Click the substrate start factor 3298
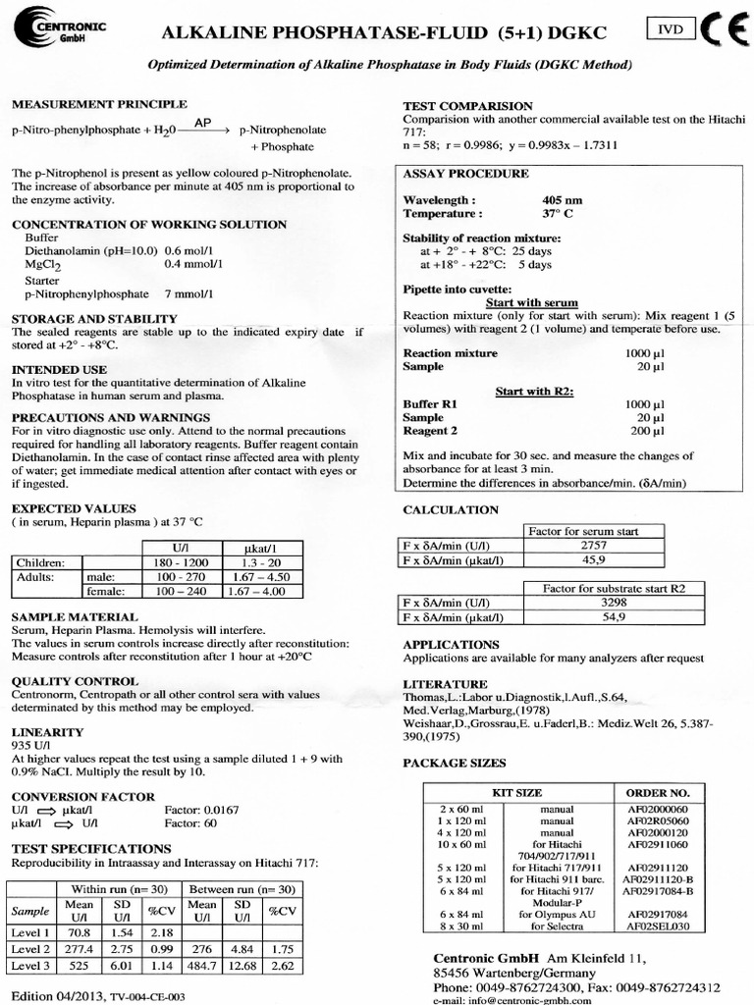tap(614, 603)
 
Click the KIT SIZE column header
tap(515, 792)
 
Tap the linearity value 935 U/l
tap(29, 745)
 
